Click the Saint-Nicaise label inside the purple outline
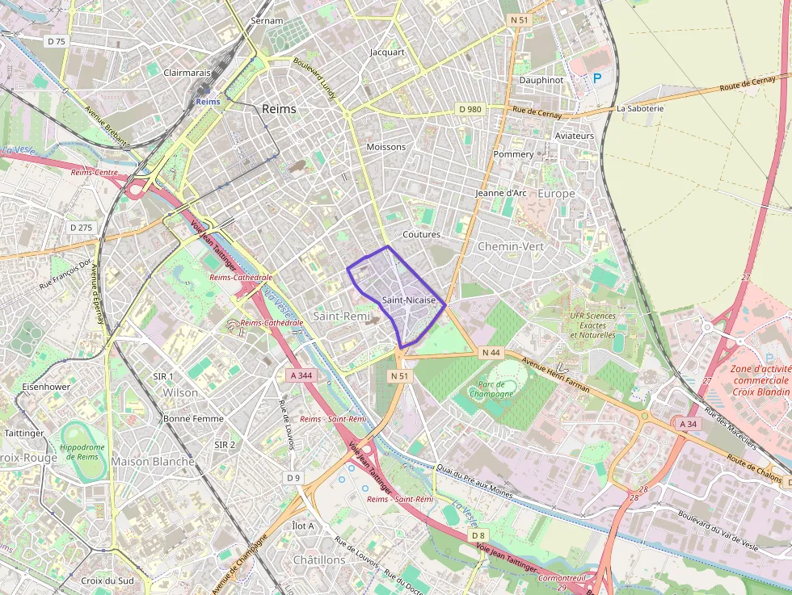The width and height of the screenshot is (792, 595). point(409,300)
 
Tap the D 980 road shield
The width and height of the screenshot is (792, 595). point(470,109)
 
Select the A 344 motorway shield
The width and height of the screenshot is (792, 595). point(301,375)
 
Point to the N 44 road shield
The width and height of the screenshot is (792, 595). point(491,353)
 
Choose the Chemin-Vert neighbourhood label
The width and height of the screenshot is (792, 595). point(511,245)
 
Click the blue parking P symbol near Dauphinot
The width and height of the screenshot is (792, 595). point(597,78)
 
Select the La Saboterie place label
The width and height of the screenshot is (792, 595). point(639,108)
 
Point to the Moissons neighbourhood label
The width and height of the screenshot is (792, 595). point(385,147)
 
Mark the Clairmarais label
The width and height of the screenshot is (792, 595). point(187,72)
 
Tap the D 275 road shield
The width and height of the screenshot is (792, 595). point(82,228)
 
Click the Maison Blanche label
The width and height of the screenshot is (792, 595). point(153,462)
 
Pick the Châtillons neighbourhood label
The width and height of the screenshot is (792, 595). point(319,559)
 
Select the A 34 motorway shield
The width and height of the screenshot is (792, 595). point(688,424)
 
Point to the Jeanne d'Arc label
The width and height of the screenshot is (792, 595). point(501,193)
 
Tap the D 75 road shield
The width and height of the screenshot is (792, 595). point(56,41)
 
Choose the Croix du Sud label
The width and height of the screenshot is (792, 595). point(107,580)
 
